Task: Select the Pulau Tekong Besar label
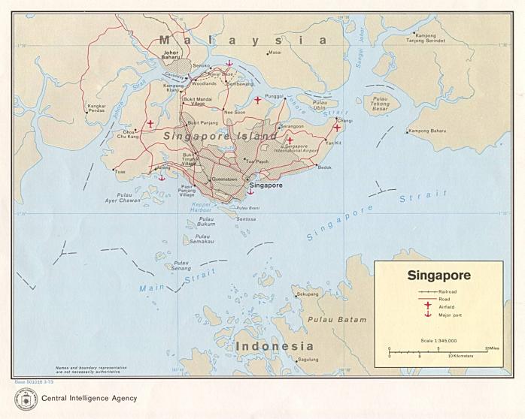point(381,105)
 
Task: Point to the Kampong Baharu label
point(428,131)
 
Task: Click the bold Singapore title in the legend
point(439,276)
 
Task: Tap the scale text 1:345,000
point(438,341)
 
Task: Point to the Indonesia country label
point(274,346)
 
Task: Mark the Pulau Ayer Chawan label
point(123,199)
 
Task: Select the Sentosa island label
point(246,219)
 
